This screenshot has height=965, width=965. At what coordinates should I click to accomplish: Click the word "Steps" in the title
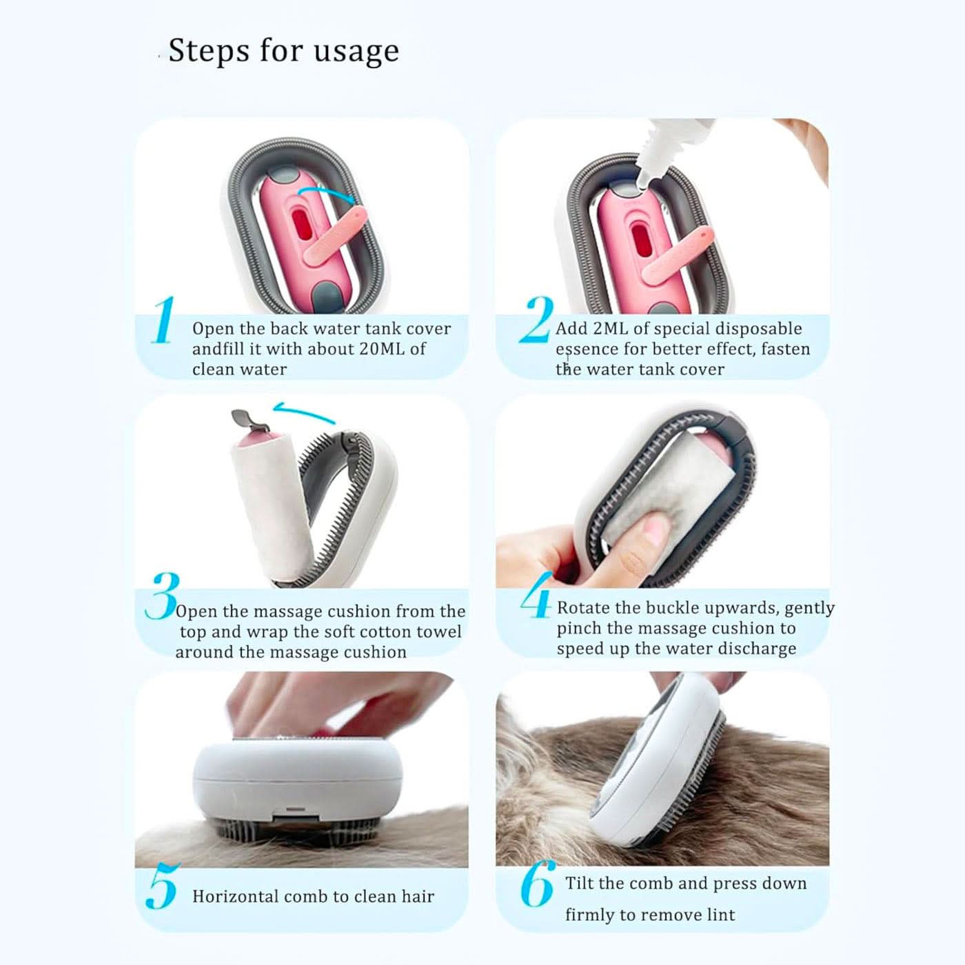(208, 51)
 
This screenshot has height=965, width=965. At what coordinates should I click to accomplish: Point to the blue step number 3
(162, 596)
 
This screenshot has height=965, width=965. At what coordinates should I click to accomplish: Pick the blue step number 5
(163, 886)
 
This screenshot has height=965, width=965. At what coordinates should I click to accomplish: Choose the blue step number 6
(538, 884)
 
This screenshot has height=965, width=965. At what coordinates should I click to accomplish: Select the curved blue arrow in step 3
(303, 412)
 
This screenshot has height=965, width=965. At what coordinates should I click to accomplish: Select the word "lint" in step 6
(721, 915)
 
